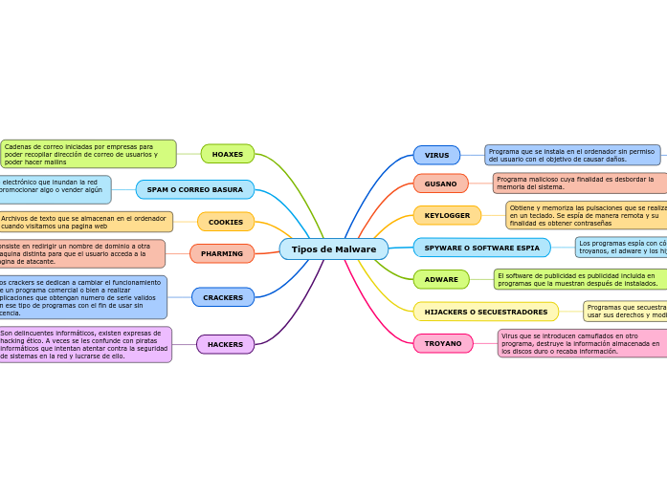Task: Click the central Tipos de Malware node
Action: click(x=333, y=249)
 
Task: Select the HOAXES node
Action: click(x=228, y=154)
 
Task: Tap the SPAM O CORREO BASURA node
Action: click(x=195, y=189)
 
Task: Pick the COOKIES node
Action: click(x=226, y=222)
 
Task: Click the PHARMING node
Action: click(x=222, y=254)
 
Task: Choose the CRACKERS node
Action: click(x=223, y=297)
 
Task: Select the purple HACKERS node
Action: click(x=226, y=344)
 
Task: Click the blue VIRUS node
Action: click(x=436, y=155)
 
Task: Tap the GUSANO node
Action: click(x=440, y=184)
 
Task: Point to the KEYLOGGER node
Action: click(x=447, y=216)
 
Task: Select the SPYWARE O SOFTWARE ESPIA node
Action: click(x=481, y=248)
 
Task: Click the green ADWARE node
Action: click(x=441, y=279)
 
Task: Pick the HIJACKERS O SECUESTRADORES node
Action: click(x=485, y=312)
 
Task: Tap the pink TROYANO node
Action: click(x=443, y=343)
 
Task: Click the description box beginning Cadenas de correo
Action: click(x=88, y=154)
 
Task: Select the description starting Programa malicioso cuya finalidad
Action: click(x=578, y=183)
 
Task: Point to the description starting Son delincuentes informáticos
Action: click(x=85, y=344)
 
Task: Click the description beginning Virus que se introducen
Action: click(x=581, y=343)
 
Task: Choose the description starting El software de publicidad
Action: click(x=579, y=279)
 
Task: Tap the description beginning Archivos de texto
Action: click(x=85, y=222)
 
